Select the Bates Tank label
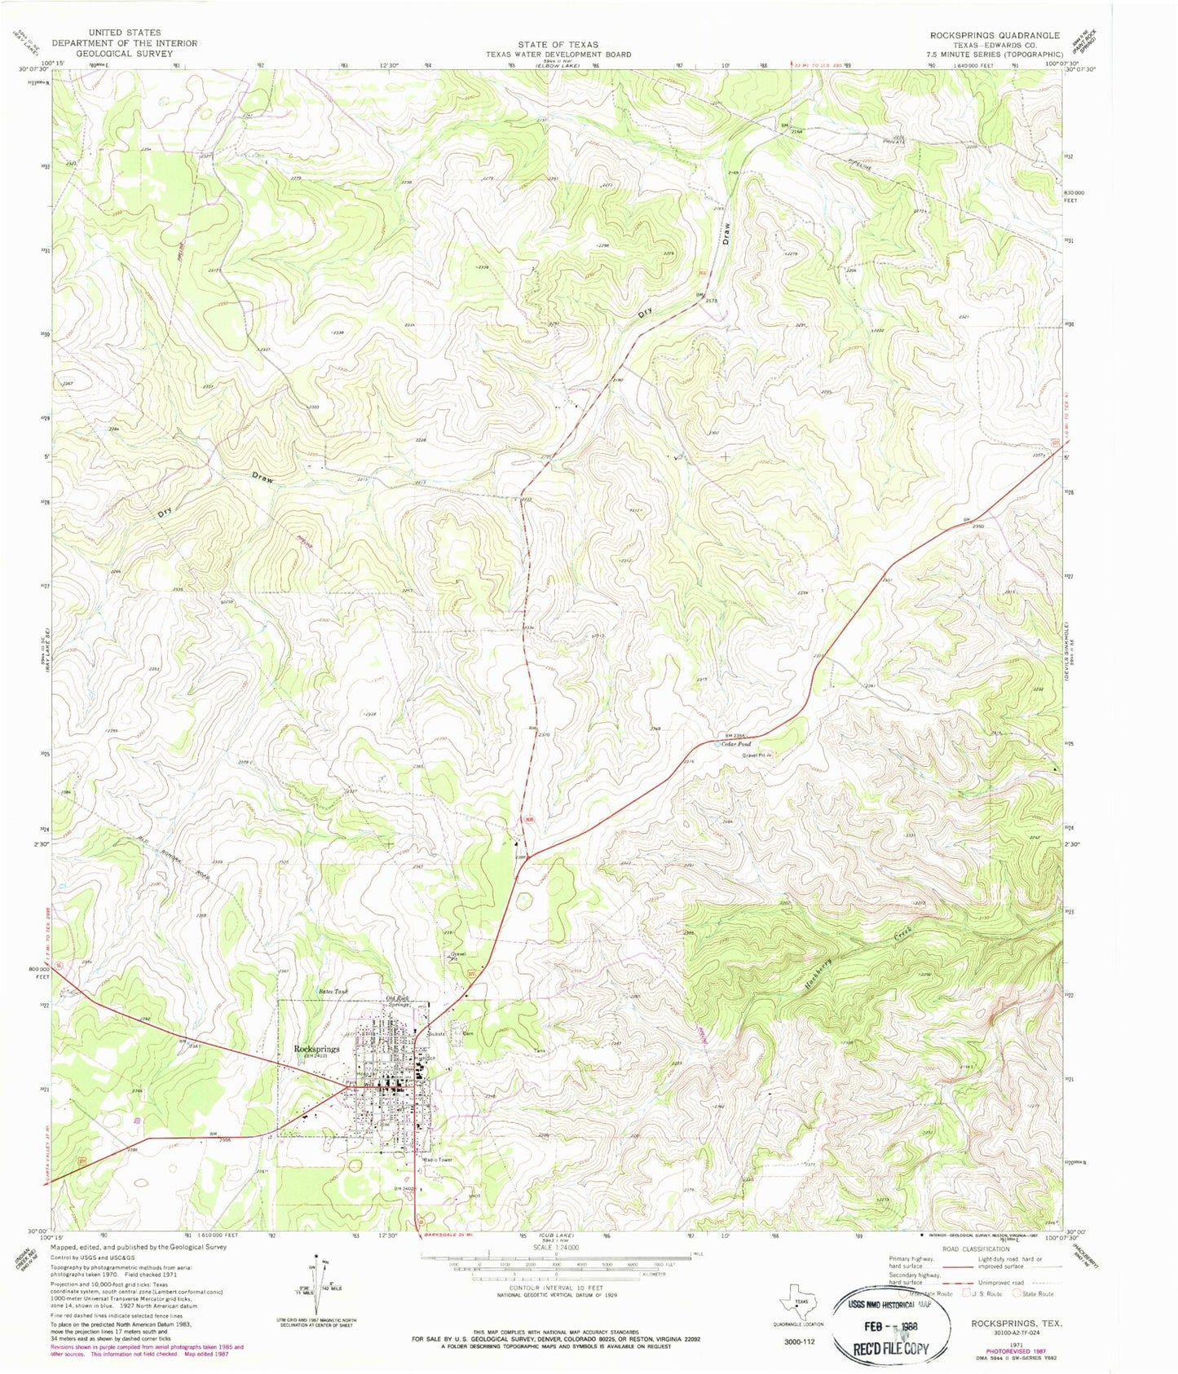333,992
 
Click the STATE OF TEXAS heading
558,44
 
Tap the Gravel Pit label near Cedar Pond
755,755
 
